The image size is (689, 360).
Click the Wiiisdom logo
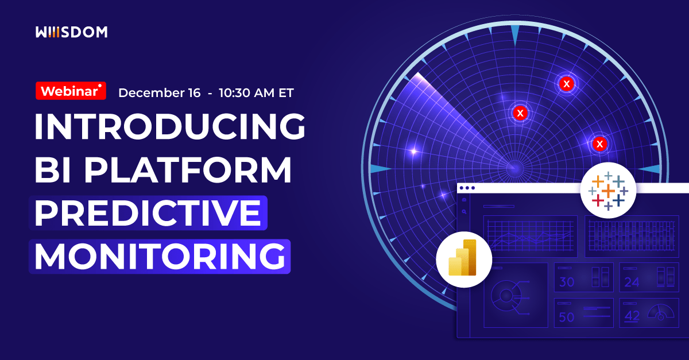pos(71,33)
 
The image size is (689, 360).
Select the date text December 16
pos(159,93)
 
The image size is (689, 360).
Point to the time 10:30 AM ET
pos(256,93)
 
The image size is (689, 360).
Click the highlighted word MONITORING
pos(160,256)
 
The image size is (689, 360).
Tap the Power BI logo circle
pos(463,259)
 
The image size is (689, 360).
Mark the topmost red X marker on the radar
pos(567,84)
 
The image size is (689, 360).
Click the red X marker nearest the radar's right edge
pos(600,144)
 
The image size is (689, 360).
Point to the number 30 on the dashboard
pos(567,282)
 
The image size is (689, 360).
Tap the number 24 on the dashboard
pos(632,282)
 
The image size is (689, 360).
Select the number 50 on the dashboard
pos(567,317)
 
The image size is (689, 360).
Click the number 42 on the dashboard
pos(632,316)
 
